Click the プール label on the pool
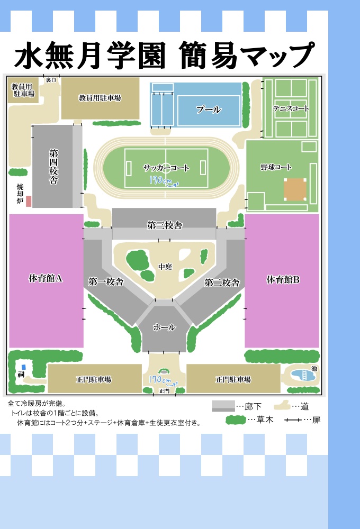[x=208, y=110]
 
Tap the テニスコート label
[x=291, y=108]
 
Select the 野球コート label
[x=276, y=167]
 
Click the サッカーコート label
[x=166, y=168]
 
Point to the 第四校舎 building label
[x=53, y=166]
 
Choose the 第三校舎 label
[x=165, y=225]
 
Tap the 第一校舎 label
[x=106, y=281]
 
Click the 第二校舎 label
[x=222, y=282]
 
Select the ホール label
[x=164, y=327]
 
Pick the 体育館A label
[x=46, y=278]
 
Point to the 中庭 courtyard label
[x=165, y=267]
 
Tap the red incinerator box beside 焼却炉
[x=29, y=202]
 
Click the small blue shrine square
[x=23, y=367]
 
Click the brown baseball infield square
[x=294, y=189]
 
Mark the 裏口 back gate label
[x=51, y=80]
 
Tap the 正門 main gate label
[x=164, y=391]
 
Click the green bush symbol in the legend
[x=236, y=421]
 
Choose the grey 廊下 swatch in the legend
[x=223, y=406]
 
